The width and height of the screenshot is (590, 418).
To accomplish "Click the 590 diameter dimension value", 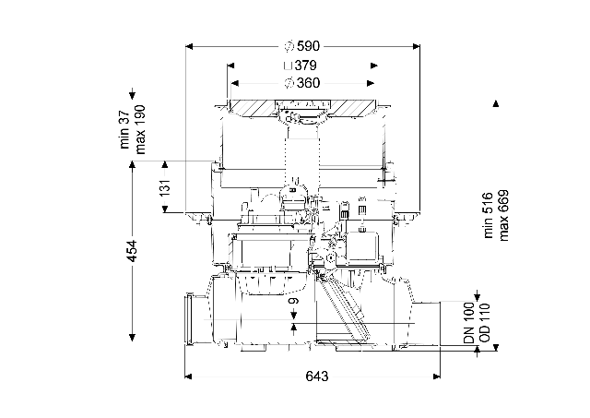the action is [x=308, y=46].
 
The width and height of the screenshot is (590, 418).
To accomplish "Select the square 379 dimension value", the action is [x=305, y=66].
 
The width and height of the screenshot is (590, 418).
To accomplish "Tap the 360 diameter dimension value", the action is [x=308, y=83].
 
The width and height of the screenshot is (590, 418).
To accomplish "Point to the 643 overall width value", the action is [x=317, y=376].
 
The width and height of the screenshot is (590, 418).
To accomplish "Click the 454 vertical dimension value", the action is [x=132, y=251].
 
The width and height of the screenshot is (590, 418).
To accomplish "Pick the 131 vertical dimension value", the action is [x=165, y=186].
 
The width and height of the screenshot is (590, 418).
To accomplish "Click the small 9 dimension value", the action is [x=294, y=301].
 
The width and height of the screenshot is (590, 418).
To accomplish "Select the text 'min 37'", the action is [x=124, y=129].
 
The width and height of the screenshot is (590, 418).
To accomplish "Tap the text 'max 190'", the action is [x=140, y=129].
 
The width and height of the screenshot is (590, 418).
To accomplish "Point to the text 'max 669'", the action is [x=503, y=215].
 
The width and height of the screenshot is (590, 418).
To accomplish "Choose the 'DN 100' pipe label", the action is [x=469, y=323].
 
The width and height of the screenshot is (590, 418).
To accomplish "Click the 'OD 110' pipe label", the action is [x=485, y=323].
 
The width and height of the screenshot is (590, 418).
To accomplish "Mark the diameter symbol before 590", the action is [x=289, y=46].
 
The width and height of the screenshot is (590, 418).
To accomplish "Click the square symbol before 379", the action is [x=288, y=66].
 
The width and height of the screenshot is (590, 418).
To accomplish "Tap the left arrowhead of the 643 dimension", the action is [x=188, y=376].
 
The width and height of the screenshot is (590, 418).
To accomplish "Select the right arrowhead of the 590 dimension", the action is [x=416, y=46].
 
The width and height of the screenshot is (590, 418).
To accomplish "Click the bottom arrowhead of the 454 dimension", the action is [x=132, y=338].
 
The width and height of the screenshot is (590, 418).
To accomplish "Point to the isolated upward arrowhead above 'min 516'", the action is [x=496, y=103].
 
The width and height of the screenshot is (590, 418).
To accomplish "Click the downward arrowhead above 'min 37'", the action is [x=132, y=95].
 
